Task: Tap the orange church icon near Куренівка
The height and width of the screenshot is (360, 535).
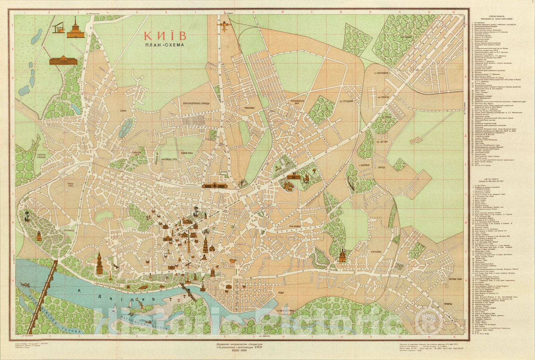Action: coord(342,255)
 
